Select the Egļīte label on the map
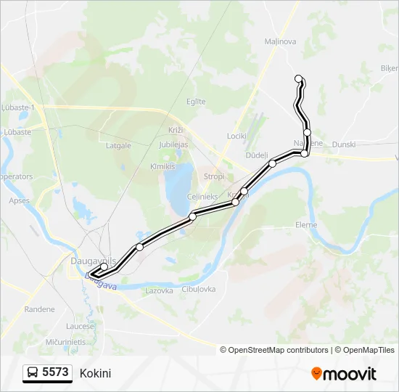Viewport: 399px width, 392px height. pyautogui.click(x=196, y=102)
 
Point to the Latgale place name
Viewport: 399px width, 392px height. pyautogui.click(x=118, y=145)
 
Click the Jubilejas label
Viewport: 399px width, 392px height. pyautogui.click(x=173, y=144)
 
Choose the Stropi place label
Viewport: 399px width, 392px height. pyautogui.click(x=214, y=176)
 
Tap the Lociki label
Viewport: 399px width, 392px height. pyautogui.click(x=236, y=136)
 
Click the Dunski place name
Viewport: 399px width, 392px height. pyautogui.click(x=344, y=144)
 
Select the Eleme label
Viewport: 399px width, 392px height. pyautogui.click(x=306, y=225)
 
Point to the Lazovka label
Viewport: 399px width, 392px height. pyautogui.click(x=159, y=290)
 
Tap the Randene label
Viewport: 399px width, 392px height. pyautogui.click(x=39, y=309)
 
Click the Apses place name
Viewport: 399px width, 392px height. pyautogui.click(x=19, y=200)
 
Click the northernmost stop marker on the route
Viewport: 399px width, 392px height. pyautogui.click(x=298, y=78)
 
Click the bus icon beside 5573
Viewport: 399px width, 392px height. pyautogui.click(x=33, y=373)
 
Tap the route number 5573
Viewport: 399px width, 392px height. pyautogui.click(x=55, y=373)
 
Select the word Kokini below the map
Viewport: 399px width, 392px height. pyautogui.click(x=96, y=373)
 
